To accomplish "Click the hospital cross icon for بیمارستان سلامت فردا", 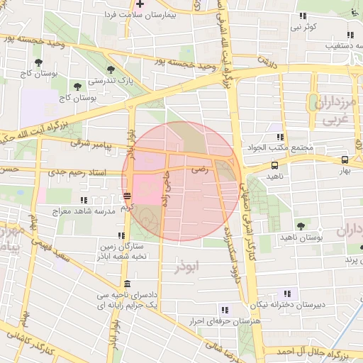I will click(140, 4).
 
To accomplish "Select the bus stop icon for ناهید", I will click(274, 164).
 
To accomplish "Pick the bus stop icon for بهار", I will click(344, 160).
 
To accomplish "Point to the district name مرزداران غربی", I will click(335, 112).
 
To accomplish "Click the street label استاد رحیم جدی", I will click(77, 172).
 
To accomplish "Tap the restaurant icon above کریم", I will click(127, 196).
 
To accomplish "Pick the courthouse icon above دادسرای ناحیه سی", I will click(126, 284).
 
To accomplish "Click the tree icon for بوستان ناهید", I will click(302, 226).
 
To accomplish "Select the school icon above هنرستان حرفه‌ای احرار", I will click(225, 310).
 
